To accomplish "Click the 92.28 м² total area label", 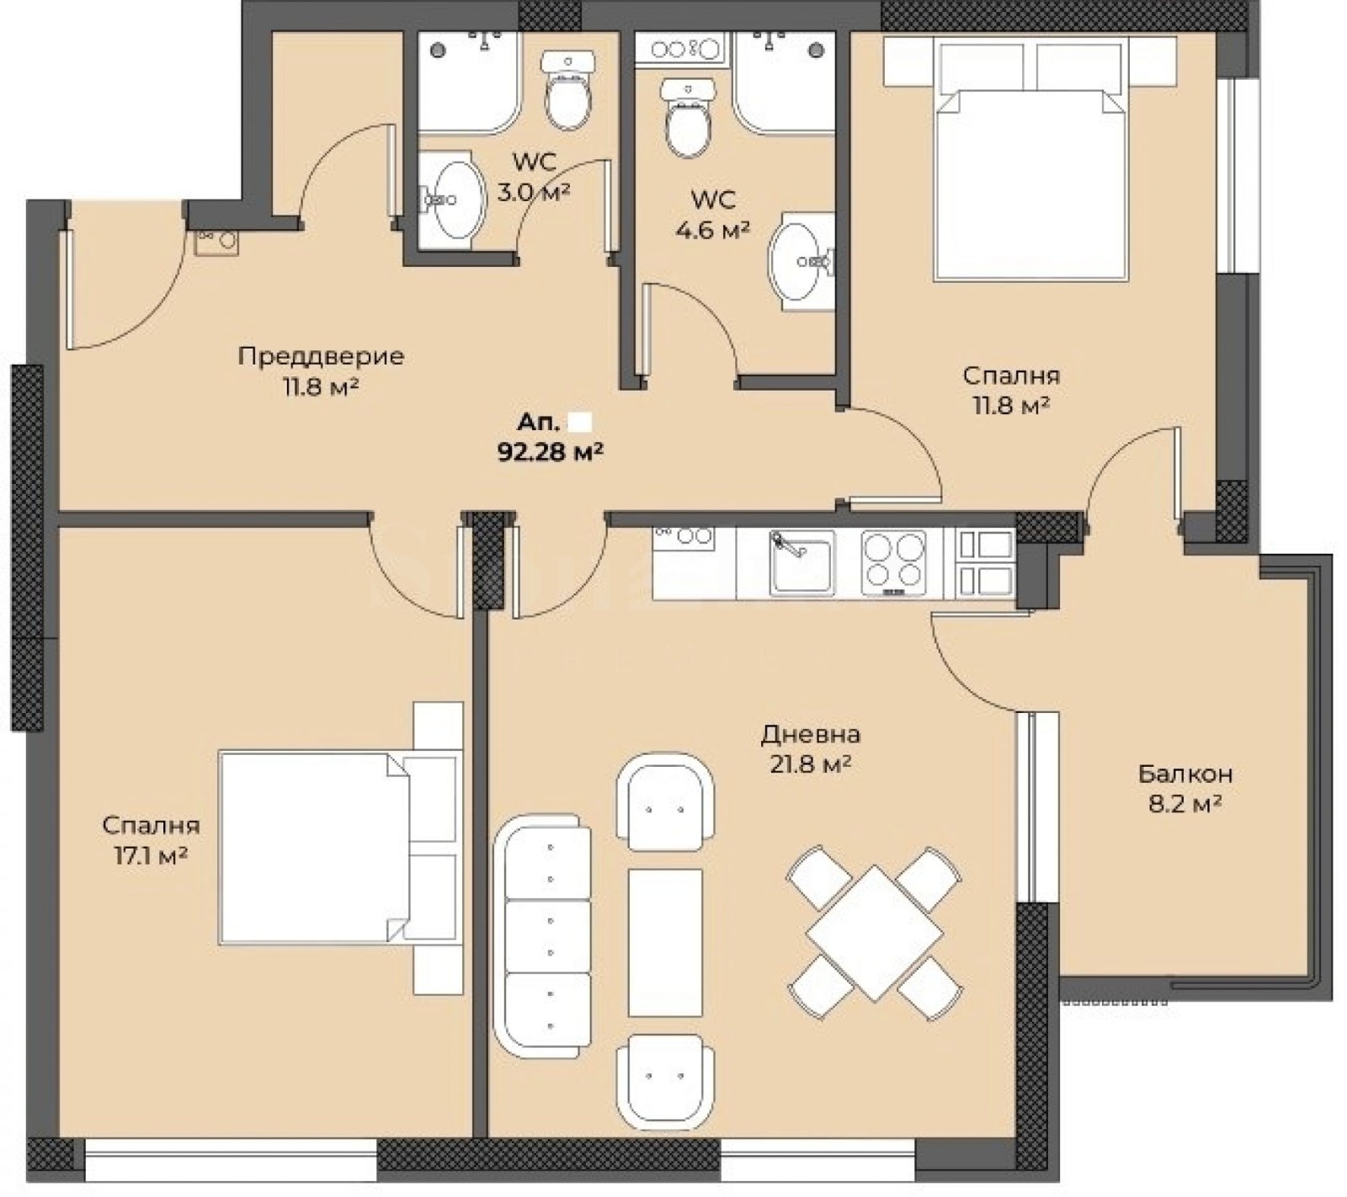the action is (551, 452).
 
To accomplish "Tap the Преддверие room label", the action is (322, 356).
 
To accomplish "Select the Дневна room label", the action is (811, 735).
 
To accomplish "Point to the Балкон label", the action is (1185, 773).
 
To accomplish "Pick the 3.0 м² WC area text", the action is (534, 191).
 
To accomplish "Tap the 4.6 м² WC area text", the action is (713, 229).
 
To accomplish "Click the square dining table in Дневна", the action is (875, 933).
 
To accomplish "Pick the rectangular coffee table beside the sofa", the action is (665, 943).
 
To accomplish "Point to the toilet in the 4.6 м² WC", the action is (689, 119).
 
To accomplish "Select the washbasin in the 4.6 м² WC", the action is (799, 262).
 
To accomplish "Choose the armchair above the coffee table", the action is (665, 800).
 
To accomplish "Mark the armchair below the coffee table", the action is (665, 1081).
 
